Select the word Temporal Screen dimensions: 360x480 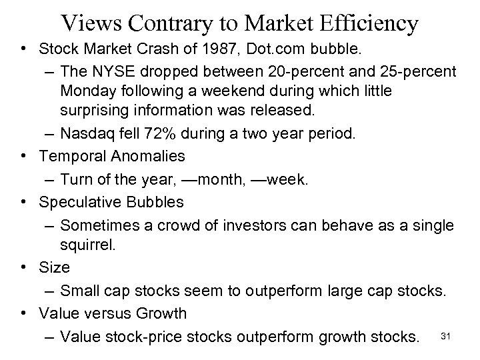tap(67, 158)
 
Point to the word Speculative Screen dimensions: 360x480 tap(77, 201)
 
